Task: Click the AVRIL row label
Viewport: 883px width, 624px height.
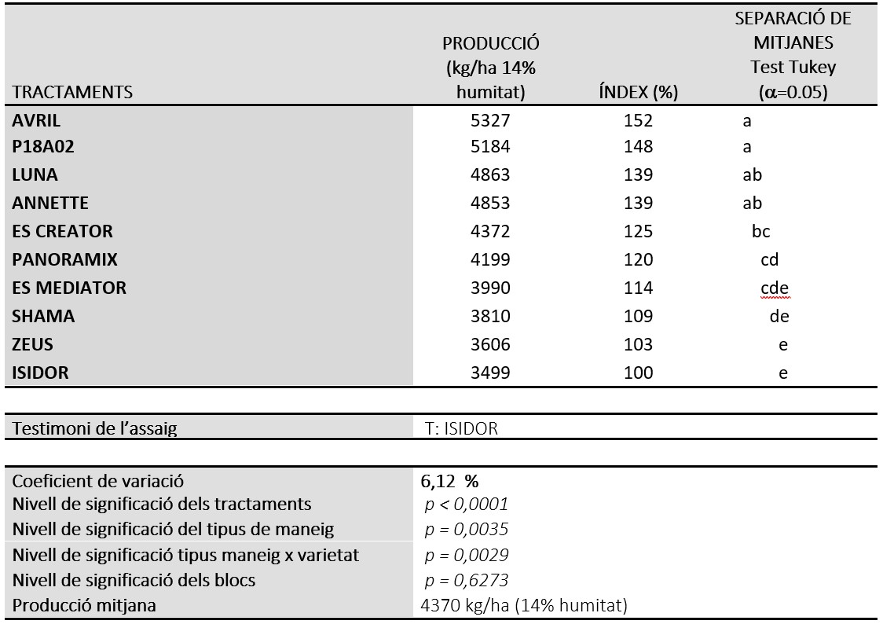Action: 36,120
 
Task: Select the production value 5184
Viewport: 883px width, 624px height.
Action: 490,146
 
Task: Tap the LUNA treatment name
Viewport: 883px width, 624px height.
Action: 35,174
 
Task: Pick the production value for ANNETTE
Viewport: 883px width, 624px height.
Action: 490,203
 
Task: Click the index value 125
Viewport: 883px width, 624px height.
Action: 638,231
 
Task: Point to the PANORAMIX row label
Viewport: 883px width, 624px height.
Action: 64,259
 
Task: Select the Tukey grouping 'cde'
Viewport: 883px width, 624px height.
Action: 775,288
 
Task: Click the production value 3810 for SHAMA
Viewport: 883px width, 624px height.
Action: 490,316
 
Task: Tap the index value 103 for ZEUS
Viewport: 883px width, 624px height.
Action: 638,344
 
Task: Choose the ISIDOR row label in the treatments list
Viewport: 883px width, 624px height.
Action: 40,373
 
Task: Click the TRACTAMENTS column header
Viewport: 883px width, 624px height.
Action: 72,92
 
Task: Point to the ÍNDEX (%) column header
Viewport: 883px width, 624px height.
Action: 638,92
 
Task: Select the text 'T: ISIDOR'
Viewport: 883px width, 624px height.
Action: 461,428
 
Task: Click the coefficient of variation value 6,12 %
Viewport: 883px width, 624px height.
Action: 449,482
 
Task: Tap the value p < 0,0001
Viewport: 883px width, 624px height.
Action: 467,504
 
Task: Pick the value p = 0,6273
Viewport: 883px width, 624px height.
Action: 467,580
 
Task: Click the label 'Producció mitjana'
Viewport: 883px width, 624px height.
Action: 84,605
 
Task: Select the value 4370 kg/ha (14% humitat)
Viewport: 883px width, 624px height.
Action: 524,605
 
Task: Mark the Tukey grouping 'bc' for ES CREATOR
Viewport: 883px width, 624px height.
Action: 760,231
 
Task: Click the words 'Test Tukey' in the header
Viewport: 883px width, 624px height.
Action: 793,67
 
